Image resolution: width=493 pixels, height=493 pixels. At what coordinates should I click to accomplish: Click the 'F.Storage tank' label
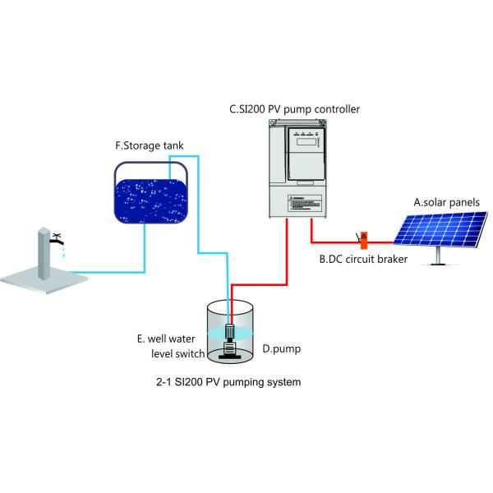(x=149, y=146)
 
